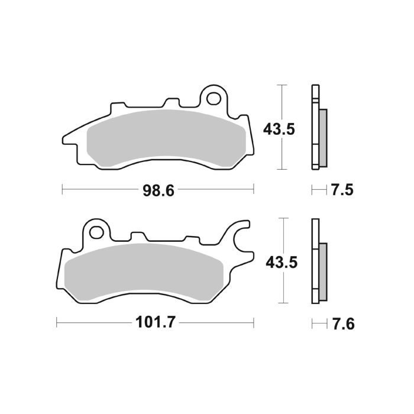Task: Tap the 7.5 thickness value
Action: coord(342,190)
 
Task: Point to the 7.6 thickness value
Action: coord(342,324)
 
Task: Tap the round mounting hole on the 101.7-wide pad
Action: coord(96,230)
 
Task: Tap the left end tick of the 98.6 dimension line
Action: coord(63,190)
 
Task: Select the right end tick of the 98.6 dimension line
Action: coord(254,190)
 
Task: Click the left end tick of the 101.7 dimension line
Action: coord(57,324)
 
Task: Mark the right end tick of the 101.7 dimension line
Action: coord(254,324)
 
